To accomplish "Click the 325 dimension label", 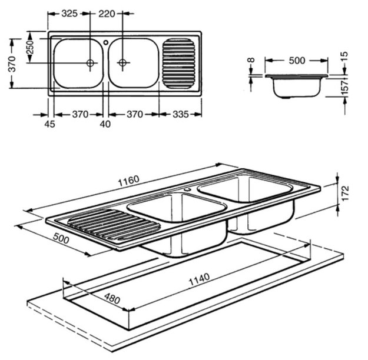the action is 69,14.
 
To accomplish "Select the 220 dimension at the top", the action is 107,14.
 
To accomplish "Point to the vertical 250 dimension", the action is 30,48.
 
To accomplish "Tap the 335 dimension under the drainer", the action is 181,115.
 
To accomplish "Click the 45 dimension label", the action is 49,124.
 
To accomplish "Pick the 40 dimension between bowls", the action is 105,124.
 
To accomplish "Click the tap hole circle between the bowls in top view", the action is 106,42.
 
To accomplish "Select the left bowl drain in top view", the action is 90,63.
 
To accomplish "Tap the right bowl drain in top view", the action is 122,62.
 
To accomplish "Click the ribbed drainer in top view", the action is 179,64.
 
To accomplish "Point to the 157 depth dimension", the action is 345,87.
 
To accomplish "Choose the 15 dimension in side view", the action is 344,56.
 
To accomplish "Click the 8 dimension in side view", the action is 251,60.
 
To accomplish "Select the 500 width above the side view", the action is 297,61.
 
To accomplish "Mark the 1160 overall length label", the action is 128,181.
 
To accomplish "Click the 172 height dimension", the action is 345,194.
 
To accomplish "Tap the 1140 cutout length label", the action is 199,279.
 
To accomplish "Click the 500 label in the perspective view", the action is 61,238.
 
